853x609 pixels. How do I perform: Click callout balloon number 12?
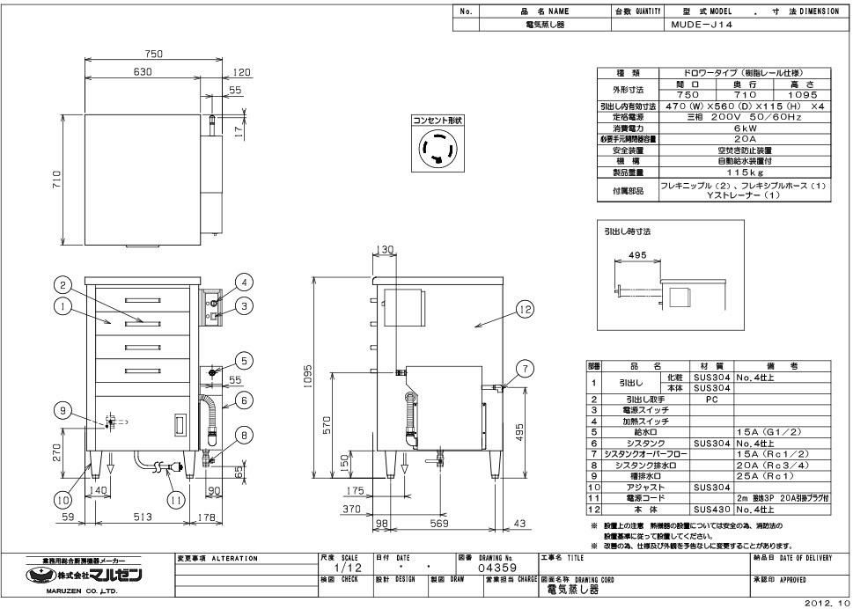525,309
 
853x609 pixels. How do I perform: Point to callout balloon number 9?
63,409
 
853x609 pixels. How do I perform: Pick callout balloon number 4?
246,282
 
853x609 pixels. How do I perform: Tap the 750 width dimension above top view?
154,55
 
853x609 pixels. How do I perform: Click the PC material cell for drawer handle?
711,399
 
